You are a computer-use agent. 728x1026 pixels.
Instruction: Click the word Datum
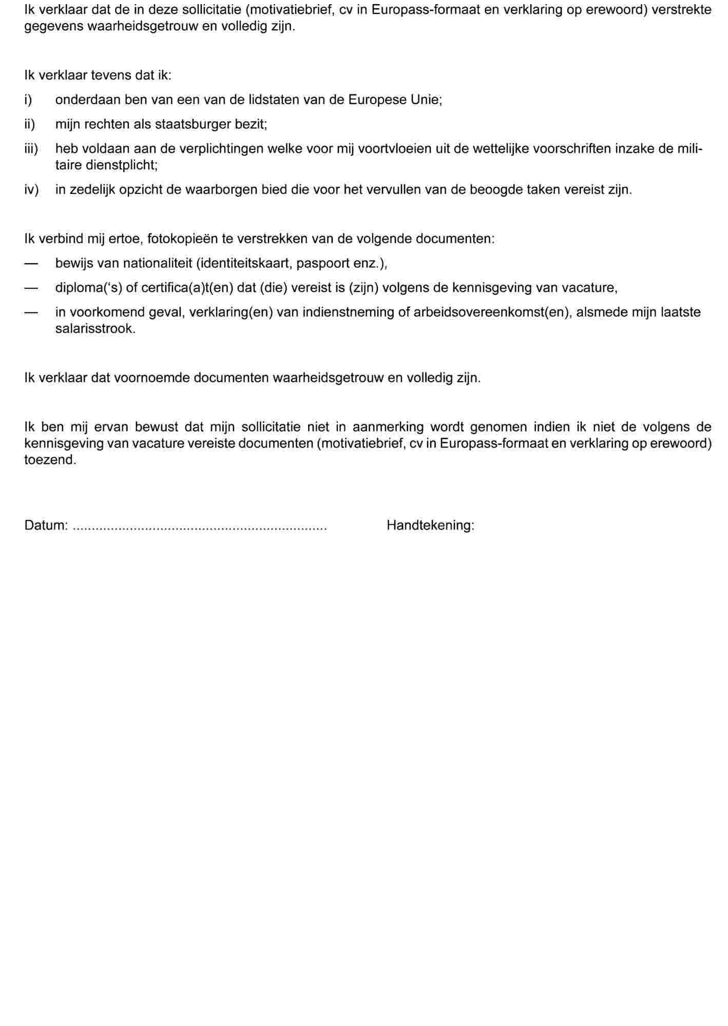(45, 525)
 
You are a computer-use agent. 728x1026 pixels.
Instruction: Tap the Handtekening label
(430, 525)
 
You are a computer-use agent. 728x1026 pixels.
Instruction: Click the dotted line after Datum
(200, 527)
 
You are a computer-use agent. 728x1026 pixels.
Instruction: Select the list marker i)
(28, 100)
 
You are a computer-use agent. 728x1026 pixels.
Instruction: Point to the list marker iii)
(31, 149)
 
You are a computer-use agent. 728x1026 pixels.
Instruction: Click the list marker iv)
(31, 190)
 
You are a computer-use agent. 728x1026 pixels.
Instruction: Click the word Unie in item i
(425, 100)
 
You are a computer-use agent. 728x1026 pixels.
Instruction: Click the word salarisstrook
(95, 329)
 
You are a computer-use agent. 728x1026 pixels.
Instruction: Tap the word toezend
(50, 460)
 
